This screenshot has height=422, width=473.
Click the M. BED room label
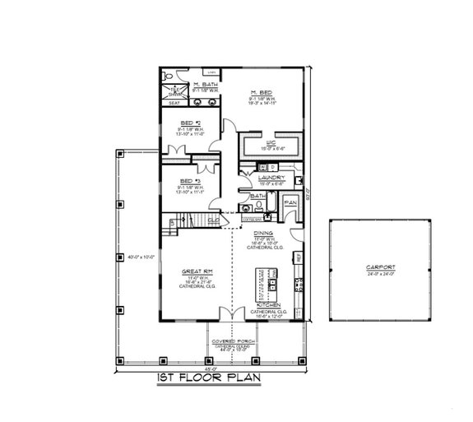(261, 93)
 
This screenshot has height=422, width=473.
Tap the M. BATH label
(205, 86)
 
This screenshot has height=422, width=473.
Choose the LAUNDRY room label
(271, 177)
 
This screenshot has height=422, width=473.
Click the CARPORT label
(381, 268)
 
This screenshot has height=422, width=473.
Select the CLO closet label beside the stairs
(213, 220)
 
